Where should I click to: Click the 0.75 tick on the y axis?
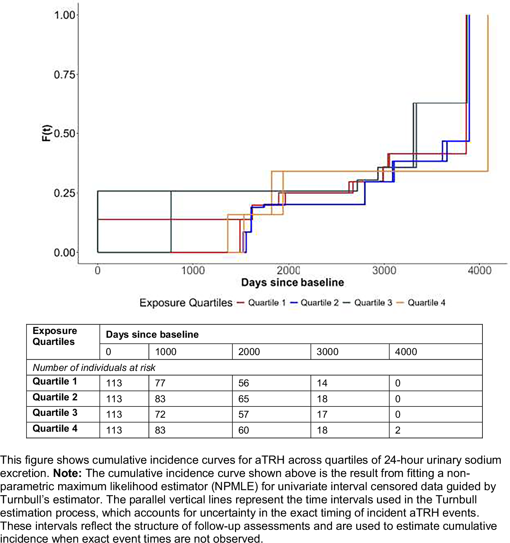(x=65, y=74)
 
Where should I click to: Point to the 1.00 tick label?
(x=65, y=15)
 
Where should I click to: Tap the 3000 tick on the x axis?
(x=384, y=270)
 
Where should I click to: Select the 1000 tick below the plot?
(x=193, y=270)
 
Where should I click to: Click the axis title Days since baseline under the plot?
(x=292, y=283)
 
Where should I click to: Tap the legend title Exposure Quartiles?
(x=186, y=303)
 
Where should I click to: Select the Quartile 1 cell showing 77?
(x=160, y=383)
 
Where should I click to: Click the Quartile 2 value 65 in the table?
(x=244, y=399)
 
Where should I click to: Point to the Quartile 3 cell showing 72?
(x=160, y=414)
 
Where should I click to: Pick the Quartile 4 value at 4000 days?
(x=398, y=430)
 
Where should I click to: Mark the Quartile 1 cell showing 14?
(x=322, y=383)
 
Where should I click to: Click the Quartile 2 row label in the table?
(x=55, y=397)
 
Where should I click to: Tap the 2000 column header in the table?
(x=249, y=352)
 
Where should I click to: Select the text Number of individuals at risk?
(x=94, y=368)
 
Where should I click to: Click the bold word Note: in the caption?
(x=68, y=473)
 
